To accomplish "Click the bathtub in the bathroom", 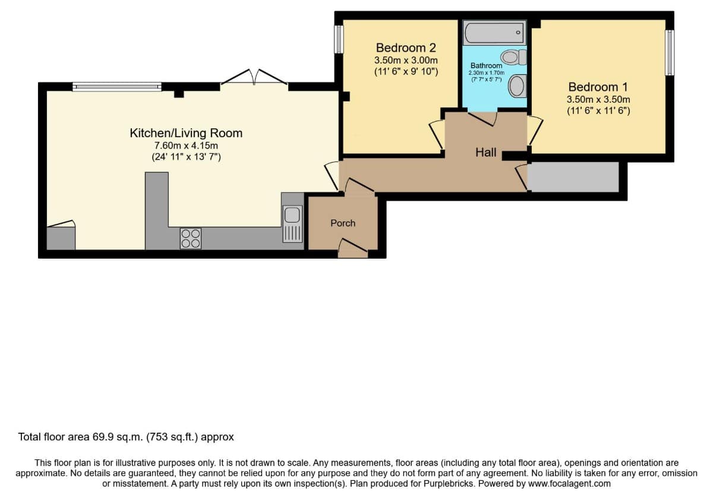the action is pyautogui.click(x=495, y=33).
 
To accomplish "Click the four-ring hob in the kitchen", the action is pyautogui.click(x=191, y=239).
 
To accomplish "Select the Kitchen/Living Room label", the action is pyautogui.click(x=186, y=133).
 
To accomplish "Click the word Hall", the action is pyautogui.click(x=486, y=153).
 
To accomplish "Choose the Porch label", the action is pyautogui.click(x=343, y=223).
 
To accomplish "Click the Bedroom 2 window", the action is pyautogui.click(x=339, y=39).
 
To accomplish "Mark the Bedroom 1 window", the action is pyautogui.click(x=669, y=52).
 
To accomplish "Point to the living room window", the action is pyautogui.click(x=117, y=87).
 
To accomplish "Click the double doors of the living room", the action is pyautogui.click(x=254, y=77).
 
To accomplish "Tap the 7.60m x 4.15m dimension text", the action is pyautogui.click(x=186, y=145).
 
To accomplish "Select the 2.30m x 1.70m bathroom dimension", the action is pyautogui.click(x=487, y=73).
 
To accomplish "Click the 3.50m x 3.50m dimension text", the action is pyautogui.click(x=598, y=100).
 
